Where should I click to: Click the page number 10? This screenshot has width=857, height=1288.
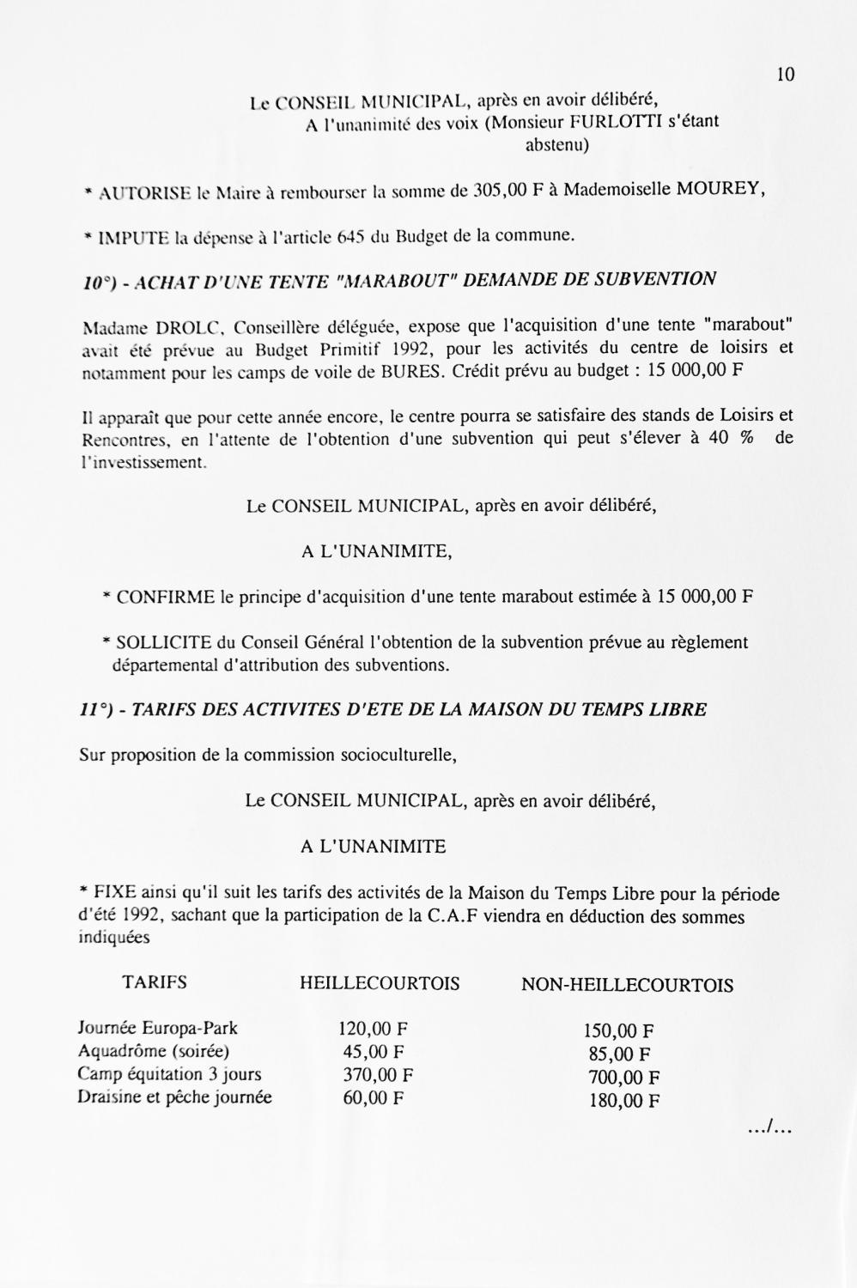click(785, 75)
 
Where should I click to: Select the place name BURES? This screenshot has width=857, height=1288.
click(412, 373)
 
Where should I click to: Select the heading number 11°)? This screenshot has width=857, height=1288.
click(96, 710)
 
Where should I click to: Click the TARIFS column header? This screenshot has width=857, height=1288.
click(155, 983)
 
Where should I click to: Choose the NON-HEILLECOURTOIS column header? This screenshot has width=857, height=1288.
click(627, 985)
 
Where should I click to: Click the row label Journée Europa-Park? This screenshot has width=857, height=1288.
click(157, 1028)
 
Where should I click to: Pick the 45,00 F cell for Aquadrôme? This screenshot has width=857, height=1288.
click(374, 1052)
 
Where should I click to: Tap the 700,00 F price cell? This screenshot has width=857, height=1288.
click(624, 1078)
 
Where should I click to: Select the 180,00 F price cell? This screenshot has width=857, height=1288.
click(624, 1101)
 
